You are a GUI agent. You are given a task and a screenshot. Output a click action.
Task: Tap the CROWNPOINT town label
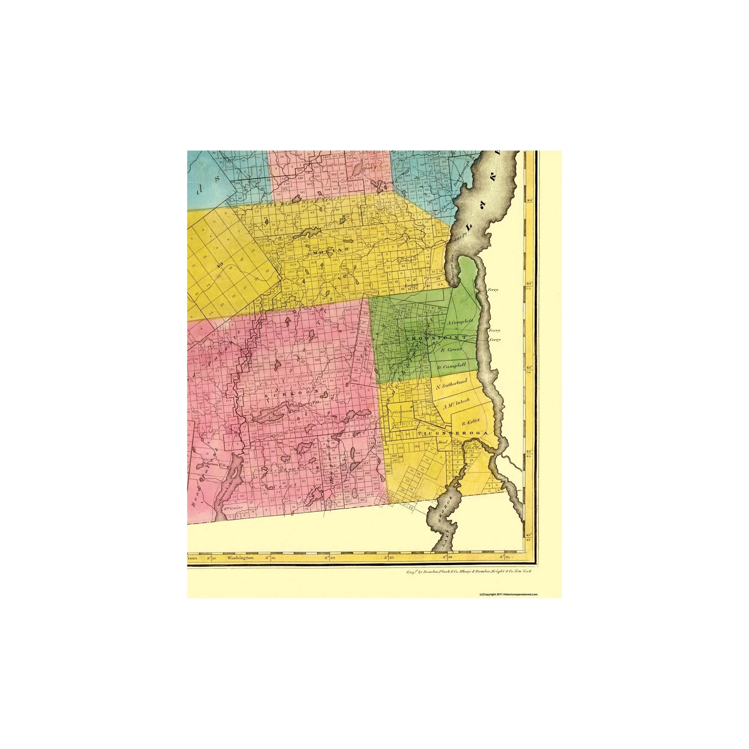click(x=436, y=338)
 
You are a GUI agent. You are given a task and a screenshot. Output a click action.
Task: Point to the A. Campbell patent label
click(x=461, y=322)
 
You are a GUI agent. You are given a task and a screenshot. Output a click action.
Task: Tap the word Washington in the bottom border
click(x=241, y=558)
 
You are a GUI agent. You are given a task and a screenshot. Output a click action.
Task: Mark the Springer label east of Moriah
click(x=406, y=261)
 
